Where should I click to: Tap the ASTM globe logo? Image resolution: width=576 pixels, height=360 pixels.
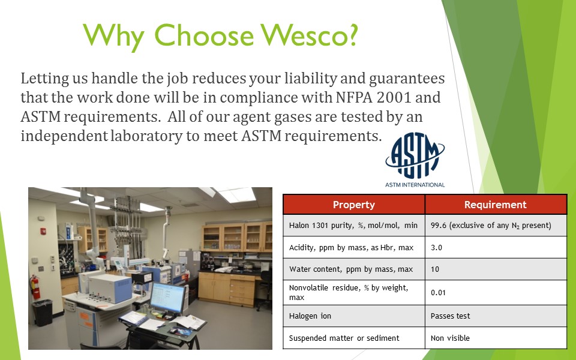coord(415,155)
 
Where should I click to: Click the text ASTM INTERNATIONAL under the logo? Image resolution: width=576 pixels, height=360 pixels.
coord(415,185)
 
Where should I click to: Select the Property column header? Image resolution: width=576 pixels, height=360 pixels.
coord(354,205)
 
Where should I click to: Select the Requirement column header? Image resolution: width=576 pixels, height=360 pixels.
coord(496,205)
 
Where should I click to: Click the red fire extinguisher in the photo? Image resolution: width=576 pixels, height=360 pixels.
coord(35,287)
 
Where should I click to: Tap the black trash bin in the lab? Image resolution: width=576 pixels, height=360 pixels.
coord(43,313)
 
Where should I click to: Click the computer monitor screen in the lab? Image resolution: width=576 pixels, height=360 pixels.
coord(167,297)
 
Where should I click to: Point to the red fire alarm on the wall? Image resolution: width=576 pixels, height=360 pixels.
coord(43,232)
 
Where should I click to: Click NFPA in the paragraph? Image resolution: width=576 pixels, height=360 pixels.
coord(354,97)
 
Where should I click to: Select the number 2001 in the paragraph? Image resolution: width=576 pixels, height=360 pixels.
coord(394,97)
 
